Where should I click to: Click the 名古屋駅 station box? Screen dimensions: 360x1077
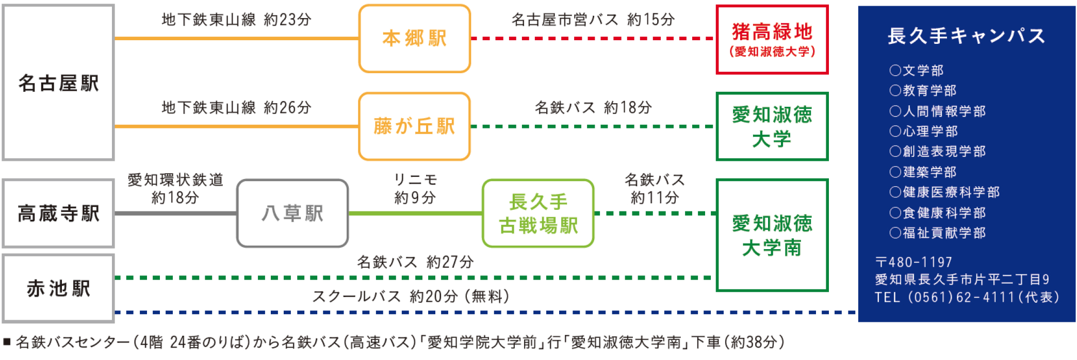pos(58,83)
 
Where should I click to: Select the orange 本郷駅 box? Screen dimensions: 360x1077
pos(414,39)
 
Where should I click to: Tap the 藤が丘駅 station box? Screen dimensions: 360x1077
pos(414,126)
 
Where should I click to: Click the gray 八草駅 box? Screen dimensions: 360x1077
pos(292,213)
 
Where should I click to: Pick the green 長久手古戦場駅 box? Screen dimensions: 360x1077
pos(538,213)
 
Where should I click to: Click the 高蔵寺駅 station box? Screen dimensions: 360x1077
pos(58,213)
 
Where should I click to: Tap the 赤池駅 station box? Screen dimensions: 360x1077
pos(58,288)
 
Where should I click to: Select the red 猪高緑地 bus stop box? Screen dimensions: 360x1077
pos(772,39)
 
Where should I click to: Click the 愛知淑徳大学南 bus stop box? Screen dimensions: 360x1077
pos(772,235)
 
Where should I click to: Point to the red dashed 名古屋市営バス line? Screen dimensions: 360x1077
pos(593,38)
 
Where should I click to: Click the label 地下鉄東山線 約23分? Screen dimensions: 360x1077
pos(236,20)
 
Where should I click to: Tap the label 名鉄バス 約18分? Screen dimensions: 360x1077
pos(593,107)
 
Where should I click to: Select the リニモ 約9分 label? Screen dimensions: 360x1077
pos(415,188)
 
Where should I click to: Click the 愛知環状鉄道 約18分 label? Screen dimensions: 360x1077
pos(175,188)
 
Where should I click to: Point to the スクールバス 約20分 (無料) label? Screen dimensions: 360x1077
pos(411,297)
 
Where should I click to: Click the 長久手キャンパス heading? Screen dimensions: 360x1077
pos(966,36)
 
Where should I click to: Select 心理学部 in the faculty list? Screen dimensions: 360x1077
pos(929,132)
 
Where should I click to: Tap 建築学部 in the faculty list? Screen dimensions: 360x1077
pos(929,172)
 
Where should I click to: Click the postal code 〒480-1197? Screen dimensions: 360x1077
pos(913,262)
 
